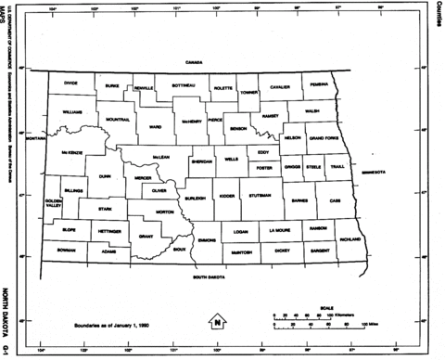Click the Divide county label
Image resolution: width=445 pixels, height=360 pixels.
coord(71,83)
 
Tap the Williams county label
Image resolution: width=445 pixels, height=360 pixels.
coord(73,111)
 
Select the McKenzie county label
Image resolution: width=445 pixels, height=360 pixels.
coord(72,151)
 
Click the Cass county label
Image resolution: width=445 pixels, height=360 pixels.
coord(335,200)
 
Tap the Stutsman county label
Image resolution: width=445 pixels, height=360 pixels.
coord(260,196)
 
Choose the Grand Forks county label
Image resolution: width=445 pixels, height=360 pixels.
coord(323,137)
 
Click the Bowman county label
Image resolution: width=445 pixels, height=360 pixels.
coord(65,250)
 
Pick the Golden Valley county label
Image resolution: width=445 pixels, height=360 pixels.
coord(53,202)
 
